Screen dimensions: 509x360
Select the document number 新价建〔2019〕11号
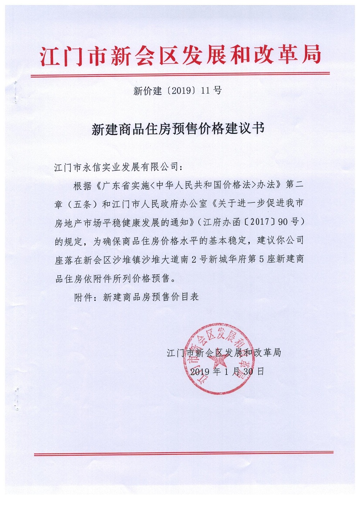177,91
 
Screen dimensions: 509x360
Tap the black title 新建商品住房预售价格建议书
178,129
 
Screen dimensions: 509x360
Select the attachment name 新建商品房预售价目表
151,297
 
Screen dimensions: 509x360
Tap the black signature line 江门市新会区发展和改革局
224,353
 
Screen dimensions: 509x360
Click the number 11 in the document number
205,91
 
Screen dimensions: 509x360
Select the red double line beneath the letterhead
180,75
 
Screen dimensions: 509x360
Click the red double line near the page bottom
184,454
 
